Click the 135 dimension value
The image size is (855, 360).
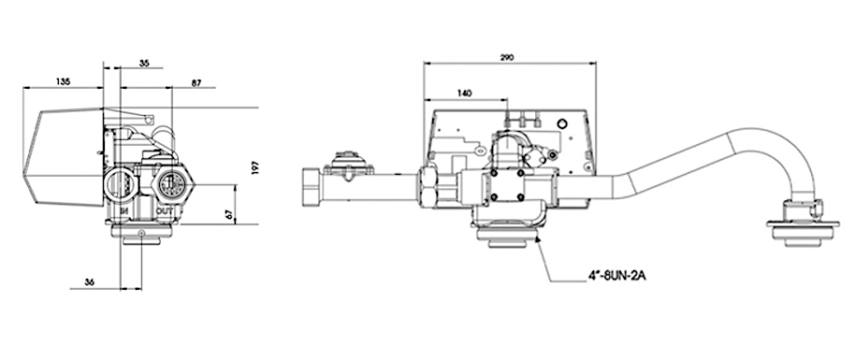[x=64, y=82]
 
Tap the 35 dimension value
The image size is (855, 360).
[x=144, y=64]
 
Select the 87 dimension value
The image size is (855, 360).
[x=196, y=83]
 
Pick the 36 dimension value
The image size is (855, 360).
[x=90, y=282]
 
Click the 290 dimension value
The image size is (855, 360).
[x=507, y=57]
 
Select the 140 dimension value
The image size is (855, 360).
[x=464, y=94]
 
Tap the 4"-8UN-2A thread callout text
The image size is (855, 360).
[x=616, y=276]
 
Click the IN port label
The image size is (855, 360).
[x=124, y=210]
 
